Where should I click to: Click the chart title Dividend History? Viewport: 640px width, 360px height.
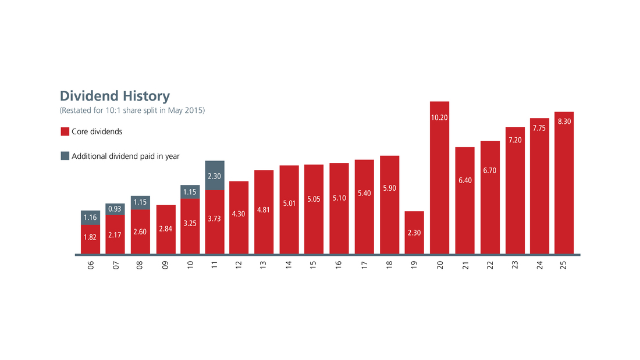tap(115, 96)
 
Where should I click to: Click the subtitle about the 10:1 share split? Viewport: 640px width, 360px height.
tap(132, 110)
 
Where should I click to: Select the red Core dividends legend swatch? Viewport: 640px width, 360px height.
tap(65, 131)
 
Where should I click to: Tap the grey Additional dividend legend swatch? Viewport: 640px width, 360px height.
tap(65, 156)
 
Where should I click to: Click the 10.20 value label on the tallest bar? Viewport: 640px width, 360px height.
tap(439, 117)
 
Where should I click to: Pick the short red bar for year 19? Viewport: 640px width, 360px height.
tap(414, 233)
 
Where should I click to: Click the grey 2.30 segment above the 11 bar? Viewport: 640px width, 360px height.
tap(215, 176)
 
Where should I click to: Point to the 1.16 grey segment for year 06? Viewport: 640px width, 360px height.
tap(90, 218)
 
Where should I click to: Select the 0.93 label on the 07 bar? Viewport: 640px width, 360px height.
tap(115, 209)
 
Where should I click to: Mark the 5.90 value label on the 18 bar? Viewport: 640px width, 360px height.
tap(389, 188)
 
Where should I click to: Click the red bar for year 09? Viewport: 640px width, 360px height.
tap(165, 229)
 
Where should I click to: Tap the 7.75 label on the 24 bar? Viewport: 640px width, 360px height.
tap(539, 128)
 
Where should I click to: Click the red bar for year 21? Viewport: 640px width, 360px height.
tap(464, 201)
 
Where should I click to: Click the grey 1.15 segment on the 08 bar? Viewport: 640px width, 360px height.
tap(140, 202)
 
